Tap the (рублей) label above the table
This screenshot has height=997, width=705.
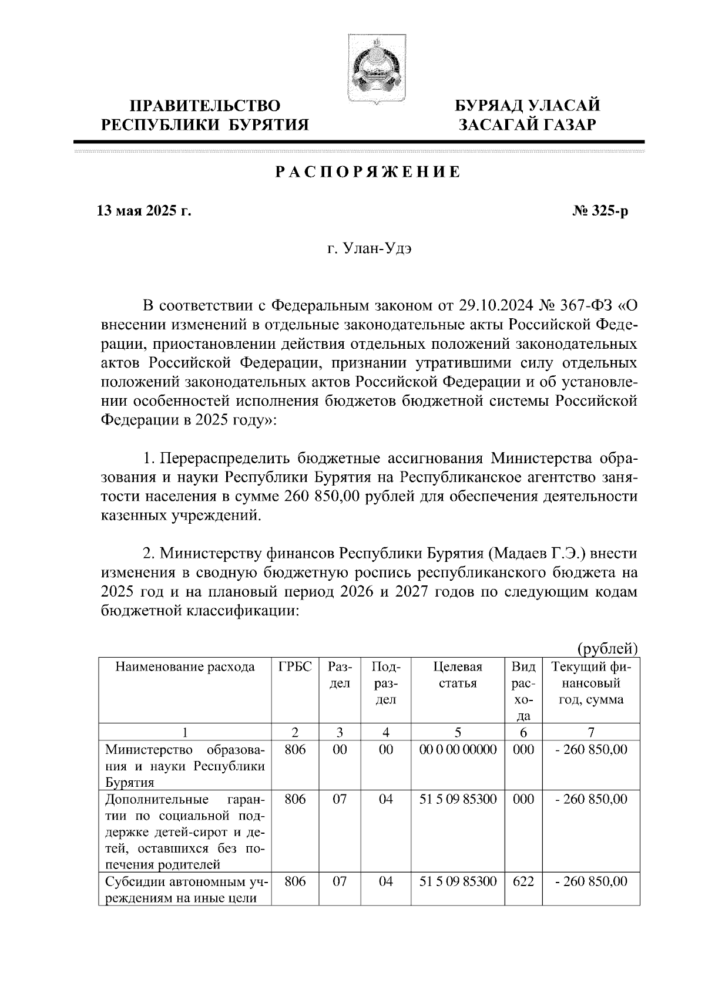(607, 648)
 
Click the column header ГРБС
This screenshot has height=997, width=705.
(295, 667)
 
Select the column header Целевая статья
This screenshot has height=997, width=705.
(458, 675)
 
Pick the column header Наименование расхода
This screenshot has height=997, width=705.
(185, 667)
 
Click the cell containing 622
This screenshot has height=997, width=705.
(523, 882)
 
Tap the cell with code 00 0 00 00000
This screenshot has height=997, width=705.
(458, 750)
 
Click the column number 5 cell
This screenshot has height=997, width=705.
(458, 732)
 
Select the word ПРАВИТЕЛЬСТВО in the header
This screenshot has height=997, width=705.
(204, 106)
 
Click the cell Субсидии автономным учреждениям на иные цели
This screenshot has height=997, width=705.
(185, 890)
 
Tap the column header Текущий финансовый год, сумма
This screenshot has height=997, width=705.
(591, 683)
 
